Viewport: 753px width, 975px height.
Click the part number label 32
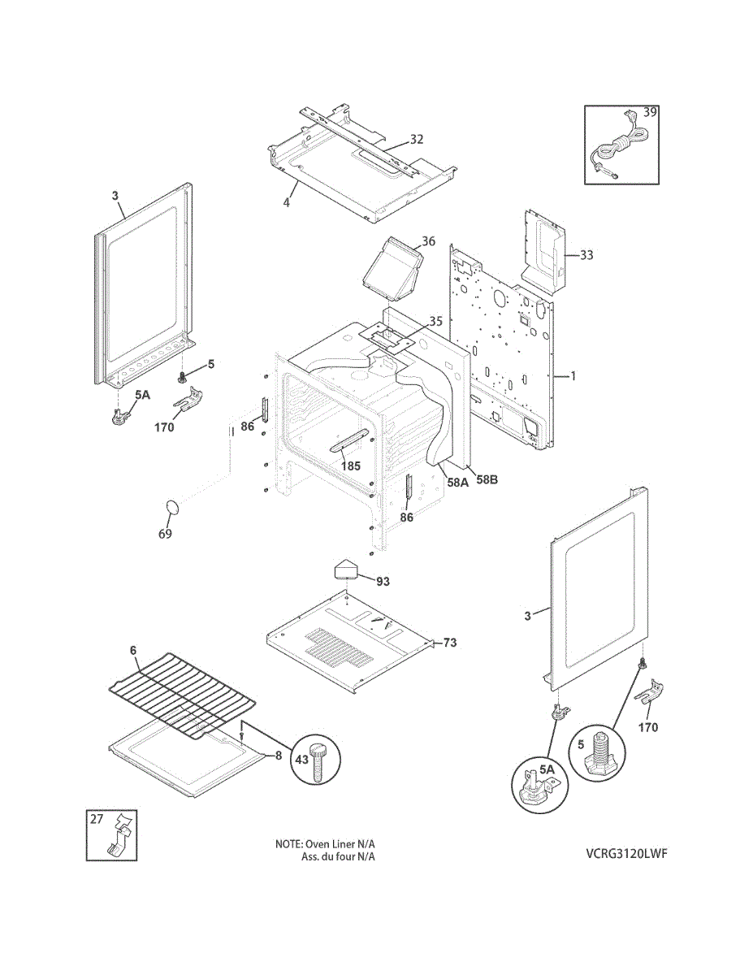416,140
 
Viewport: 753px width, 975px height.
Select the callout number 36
428,241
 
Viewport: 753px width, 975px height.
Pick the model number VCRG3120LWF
630,854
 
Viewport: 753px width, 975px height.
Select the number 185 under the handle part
350,467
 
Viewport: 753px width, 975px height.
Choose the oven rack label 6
133,650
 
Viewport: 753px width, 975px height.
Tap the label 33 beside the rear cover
586,255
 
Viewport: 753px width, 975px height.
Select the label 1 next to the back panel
573,376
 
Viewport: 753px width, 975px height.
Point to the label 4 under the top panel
286,201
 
